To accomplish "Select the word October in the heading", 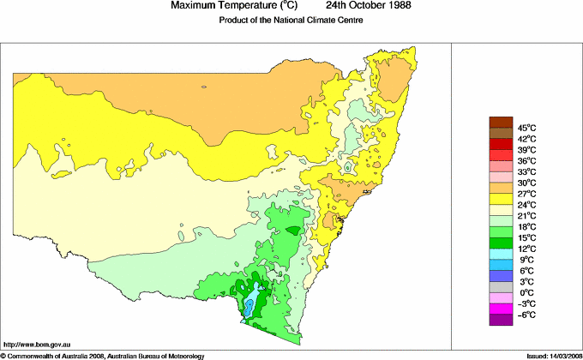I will click(354, 5).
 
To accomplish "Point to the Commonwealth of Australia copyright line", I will click(103, 355).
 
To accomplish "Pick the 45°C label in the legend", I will click(526, 128).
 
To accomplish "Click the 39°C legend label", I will click(526, 150).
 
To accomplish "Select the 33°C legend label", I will click(526, 172).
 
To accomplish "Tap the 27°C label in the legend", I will click(526, 195).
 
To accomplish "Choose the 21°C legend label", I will click(526, 216).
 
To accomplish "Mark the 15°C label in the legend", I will click(526, 237).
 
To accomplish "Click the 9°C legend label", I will click(524, 260).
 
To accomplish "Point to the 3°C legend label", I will click(524, 281).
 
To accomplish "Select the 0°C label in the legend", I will click(524, 292).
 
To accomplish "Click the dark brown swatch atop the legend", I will click(500, 122).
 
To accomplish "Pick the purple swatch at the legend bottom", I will click(500, 320).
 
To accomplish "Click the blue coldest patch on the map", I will click(248, 307).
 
